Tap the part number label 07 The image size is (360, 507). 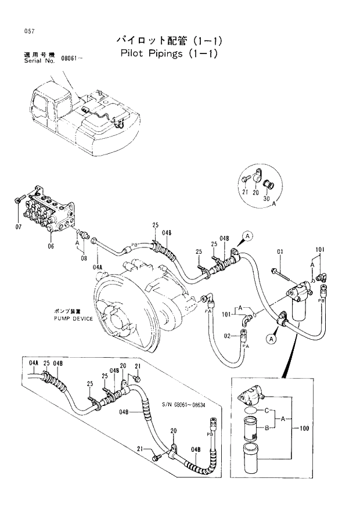click(18, 226)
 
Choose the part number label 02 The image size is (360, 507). click(228, 335)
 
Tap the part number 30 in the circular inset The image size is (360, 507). click(267, 199)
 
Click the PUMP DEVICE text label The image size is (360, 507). click(73, 319)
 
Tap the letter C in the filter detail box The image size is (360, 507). click(266, 411)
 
